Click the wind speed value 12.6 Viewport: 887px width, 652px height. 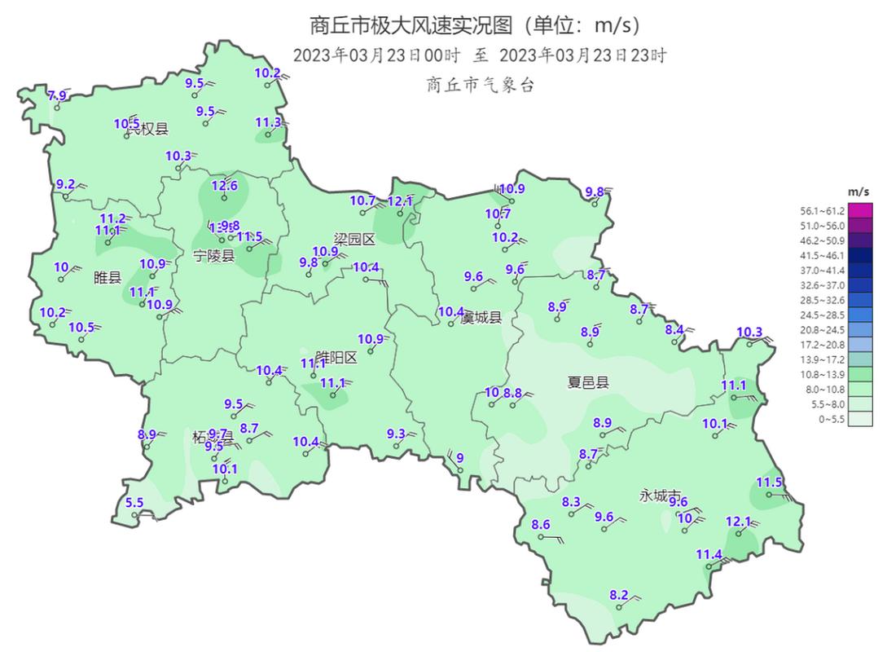coord(224,185)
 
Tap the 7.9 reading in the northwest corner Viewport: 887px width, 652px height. coord(56,96)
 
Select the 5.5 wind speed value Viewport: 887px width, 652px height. coord(134,502)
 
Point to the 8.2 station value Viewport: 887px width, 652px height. coord(619,595)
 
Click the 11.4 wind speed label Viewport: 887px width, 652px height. coord(709,554)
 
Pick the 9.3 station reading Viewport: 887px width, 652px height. coord(396,433)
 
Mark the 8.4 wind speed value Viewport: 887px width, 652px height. coord(674,329)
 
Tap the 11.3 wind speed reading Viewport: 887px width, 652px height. coord(268,122)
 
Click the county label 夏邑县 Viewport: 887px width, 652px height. coord(587,381)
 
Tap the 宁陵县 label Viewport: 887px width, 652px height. coord(213,255)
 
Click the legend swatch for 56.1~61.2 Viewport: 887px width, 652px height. coord(860,210)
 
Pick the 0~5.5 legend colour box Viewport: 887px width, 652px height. coord(860,419)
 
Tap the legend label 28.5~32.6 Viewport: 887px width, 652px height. coord(821,300)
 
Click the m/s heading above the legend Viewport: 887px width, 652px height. coord(858,191)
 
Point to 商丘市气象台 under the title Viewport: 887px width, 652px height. coord(480,84)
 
